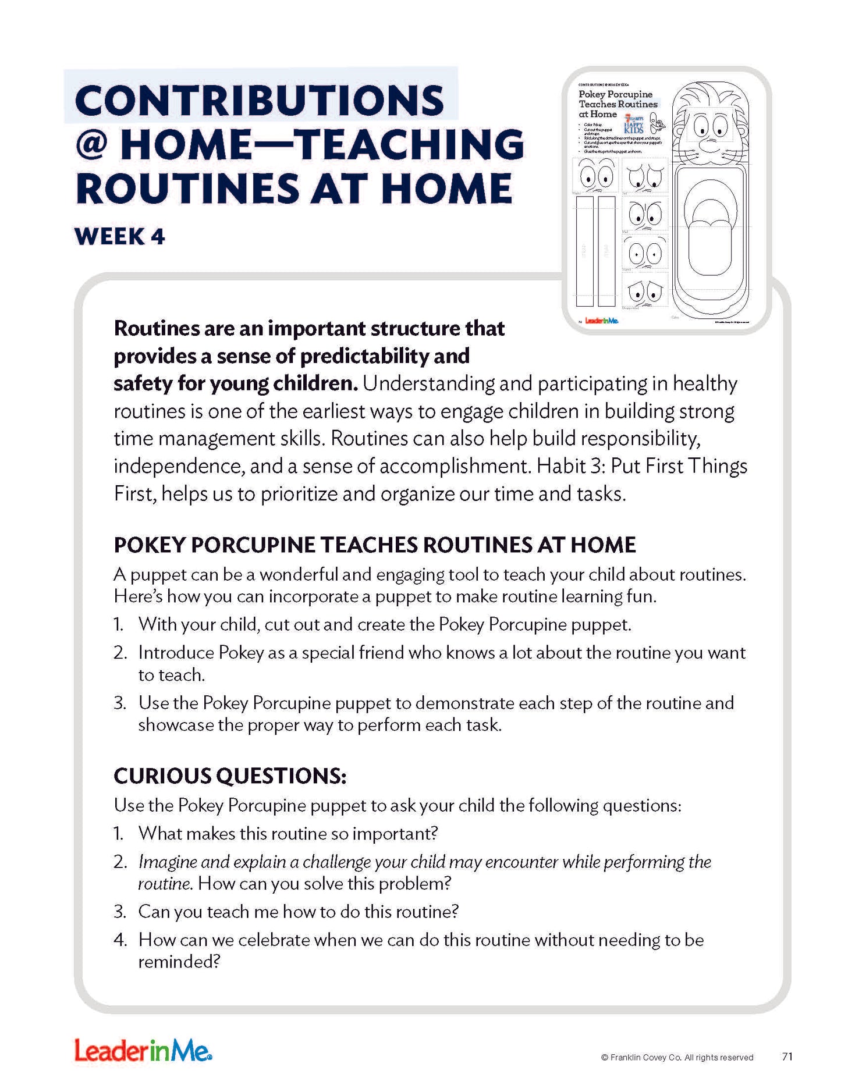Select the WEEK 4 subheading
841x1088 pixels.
click(120, 237)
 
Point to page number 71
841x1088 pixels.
click(787, 1057)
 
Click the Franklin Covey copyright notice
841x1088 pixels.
click(677, 1057)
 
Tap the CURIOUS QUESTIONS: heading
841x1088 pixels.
click(230, 776)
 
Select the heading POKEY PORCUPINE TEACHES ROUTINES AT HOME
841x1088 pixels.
click(375, 545)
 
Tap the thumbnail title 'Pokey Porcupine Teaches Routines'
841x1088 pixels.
click(617, 99)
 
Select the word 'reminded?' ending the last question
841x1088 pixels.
click(179, 962)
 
